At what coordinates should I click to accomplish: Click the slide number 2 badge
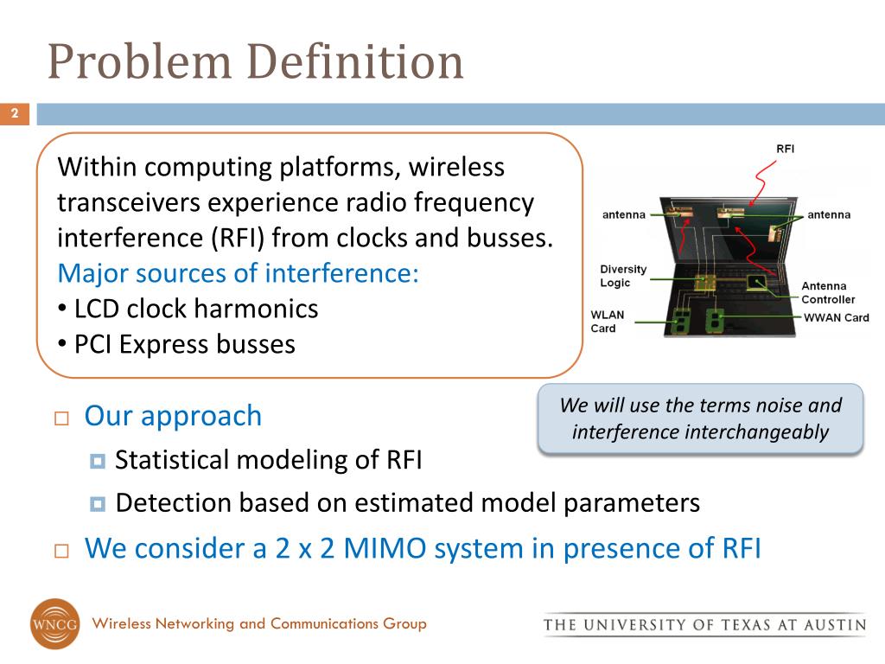tap(15, 114)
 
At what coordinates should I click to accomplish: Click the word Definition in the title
tap(355, 62)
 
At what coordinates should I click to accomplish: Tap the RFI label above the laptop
tap(785, 149)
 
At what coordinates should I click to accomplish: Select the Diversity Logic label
tap(623, 276)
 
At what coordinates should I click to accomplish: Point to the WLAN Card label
tap(607, 322)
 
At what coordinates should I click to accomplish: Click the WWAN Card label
tap(836, 317)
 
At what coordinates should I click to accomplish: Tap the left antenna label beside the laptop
tap(624, 214)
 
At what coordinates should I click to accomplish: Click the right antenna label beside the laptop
tap(829, 214)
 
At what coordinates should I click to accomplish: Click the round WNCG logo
tap(54, 623)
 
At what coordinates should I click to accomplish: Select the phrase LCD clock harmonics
tap(196, 308)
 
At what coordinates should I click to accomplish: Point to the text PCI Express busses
tap(184, 344)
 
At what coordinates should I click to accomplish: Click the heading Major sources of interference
tap(238, 273)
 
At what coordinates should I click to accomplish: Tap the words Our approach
tap(173, 416)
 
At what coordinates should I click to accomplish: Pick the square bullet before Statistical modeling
tap(97, 460)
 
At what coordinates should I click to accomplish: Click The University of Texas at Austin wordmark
tap(704, 624)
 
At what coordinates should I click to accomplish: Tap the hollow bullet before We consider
tap(60, 550)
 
